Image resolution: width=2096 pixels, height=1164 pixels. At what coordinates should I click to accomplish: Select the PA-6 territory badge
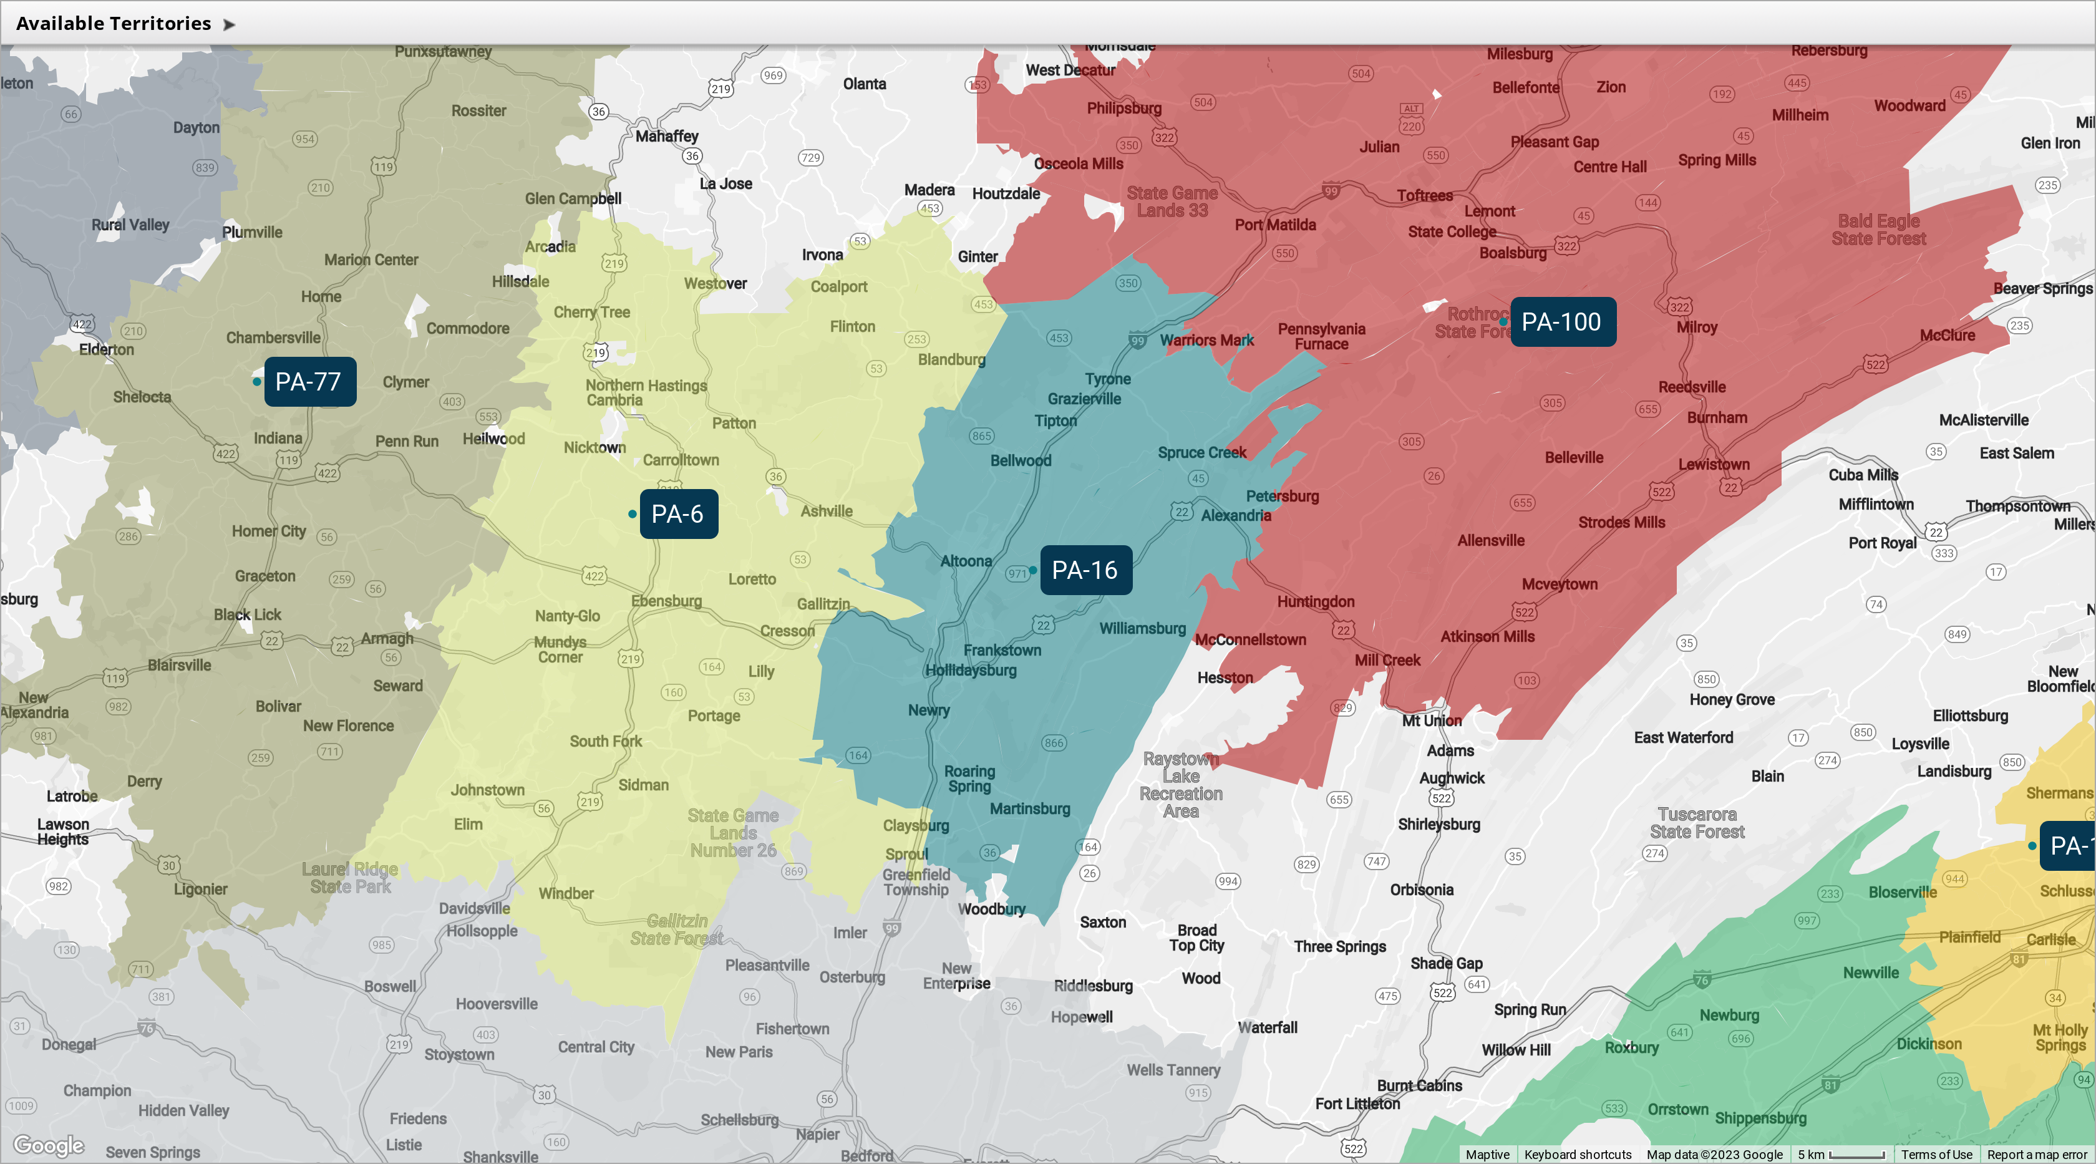point(679,514)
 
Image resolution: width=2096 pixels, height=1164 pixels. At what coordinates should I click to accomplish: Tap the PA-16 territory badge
point(1085,570)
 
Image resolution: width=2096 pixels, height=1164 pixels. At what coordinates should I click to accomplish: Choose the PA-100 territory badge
point(1562,322)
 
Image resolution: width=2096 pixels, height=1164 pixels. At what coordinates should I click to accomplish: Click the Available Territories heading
point(114,24)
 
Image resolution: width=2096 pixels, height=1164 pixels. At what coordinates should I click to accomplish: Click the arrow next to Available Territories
point(230,24)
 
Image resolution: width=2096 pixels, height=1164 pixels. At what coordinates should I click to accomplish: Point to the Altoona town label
point(966,561)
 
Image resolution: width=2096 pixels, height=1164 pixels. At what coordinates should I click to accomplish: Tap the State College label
point(1452,232)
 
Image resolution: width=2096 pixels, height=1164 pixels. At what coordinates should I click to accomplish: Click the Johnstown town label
point(487,790)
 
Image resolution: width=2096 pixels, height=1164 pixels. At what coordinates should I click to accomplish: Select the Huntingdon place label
point(1316,602)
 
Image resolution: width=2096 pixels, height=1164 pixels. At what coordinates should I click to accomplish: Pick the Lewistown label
point(1714,465)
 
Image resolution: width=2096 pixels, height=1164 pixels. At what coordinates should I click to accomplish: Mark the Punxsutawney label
point(444,51)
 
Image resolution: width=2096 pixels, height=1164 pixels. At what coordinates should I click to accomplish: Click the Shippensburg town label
point(1761,1118)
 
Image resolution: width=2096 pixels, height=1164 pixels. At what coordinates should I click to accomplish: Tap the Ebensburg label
point(666,601)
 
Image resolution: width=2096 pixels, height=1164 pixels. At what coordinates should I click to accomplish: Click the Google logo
point(49,1145)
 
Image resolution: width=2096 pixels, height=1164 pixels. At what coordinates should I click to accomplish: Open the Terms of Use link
point(1936,1154)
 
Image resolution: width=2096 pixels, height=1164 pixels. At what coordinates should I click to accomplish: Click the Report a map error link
point(2037,1154)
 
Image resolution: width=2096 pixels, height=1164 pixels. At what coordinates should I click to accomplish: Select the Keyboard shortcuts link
point(1578,1154)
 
